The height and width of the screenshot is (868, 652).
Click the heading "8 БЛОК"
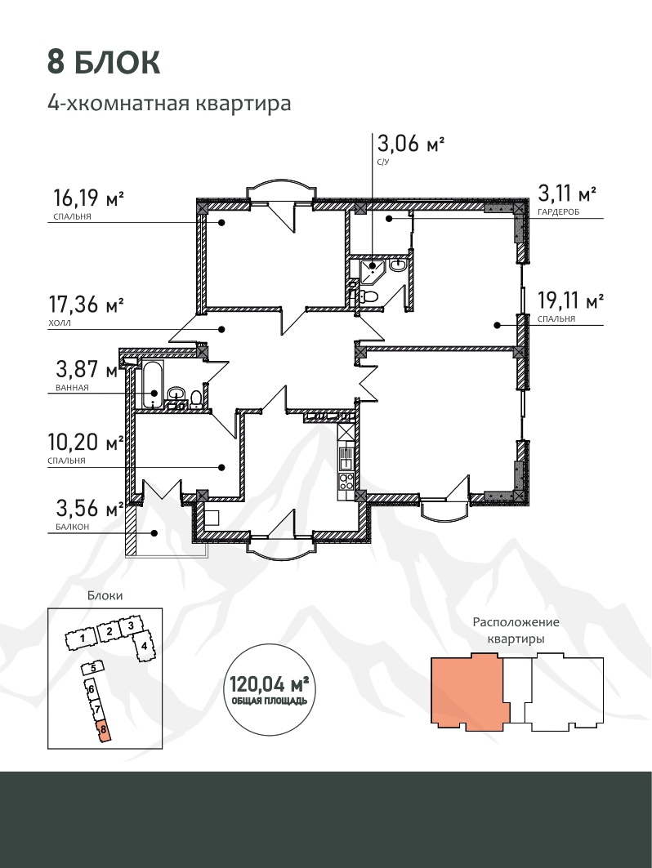104,62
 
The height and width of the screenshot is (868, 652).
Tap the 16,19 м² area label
88,197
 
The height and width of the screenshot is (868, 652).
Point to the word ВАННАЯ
72,388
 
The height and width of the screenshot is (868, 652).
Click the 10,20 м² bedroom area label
85,442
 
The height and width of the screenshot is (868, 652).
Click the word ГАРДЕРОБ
558,212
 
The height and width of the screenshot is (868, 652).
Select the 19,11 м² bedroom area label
570,300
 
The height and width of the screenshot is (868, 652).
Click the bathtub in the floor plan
152,385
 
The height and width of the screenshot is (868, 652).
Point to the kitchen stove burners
346,479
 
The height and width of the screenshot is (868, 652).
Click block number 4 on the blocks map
144,646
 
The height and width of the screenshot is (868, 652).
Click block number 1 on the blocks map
81,639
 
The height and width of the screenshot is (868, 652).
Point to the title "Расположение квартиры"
516,630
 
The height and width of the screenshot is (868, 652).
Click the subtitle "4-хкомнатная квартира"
169,104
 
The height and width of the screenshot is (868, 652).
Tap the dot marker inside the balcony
154,534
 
